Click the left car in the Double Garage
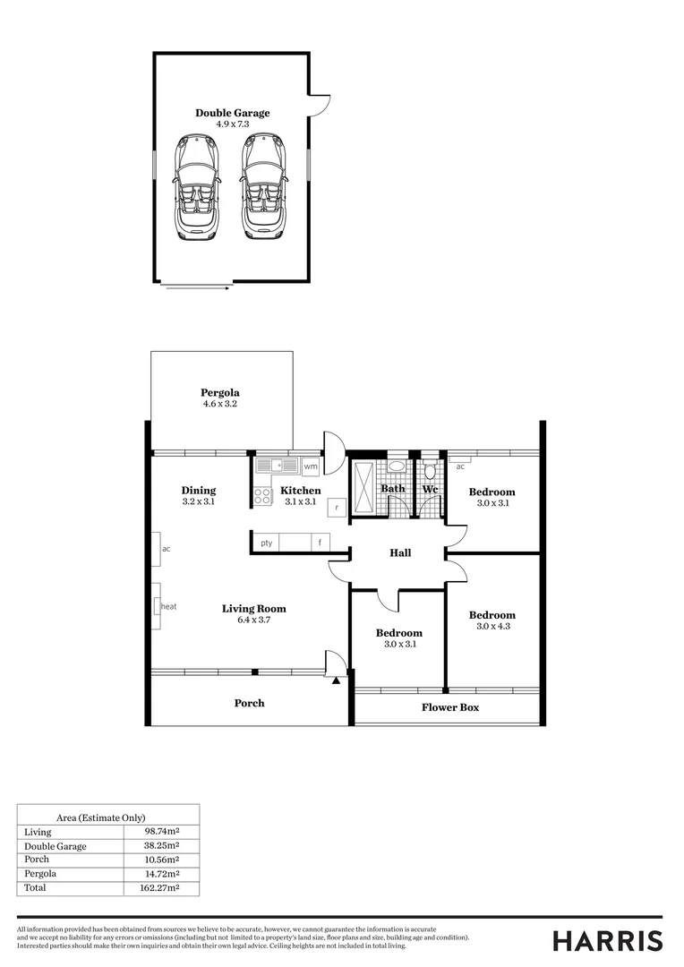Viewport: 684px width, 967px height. point(196,186)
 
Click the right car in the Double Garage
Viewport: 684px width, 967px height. point(260,186)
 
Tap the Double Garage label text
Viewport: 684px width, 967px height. point(232,114)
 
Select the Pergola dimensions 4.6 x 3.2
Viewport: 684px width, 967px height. point(219,405)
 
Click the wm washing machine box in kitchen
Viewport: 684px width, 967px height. point(311,466)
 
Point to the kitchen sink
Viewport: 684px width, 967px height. point(277,466)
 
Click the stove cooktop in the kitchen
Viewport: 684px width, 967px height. point(263,495)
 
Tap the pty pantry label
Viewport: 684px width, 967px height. point(266,543)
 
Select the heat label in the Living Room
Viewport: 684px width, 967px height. point(168,606)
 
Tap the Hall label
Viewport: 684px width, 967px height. point(400,553)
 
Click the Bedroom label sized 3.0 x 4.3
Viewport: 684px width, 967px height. point(492,615)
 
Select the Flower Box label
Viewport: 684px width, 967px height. point(450,707)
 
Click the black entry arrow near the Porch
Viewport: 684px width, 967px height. point(336,681)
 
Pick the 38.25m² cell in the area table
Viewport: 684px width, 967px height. point(162,846)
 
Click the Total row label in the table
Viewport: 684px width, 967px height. point(35,888)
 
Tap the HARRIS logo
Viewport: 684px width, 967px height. point(607,941)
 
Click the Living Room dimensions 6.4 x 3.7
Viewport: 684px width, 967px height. point(253,620)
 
